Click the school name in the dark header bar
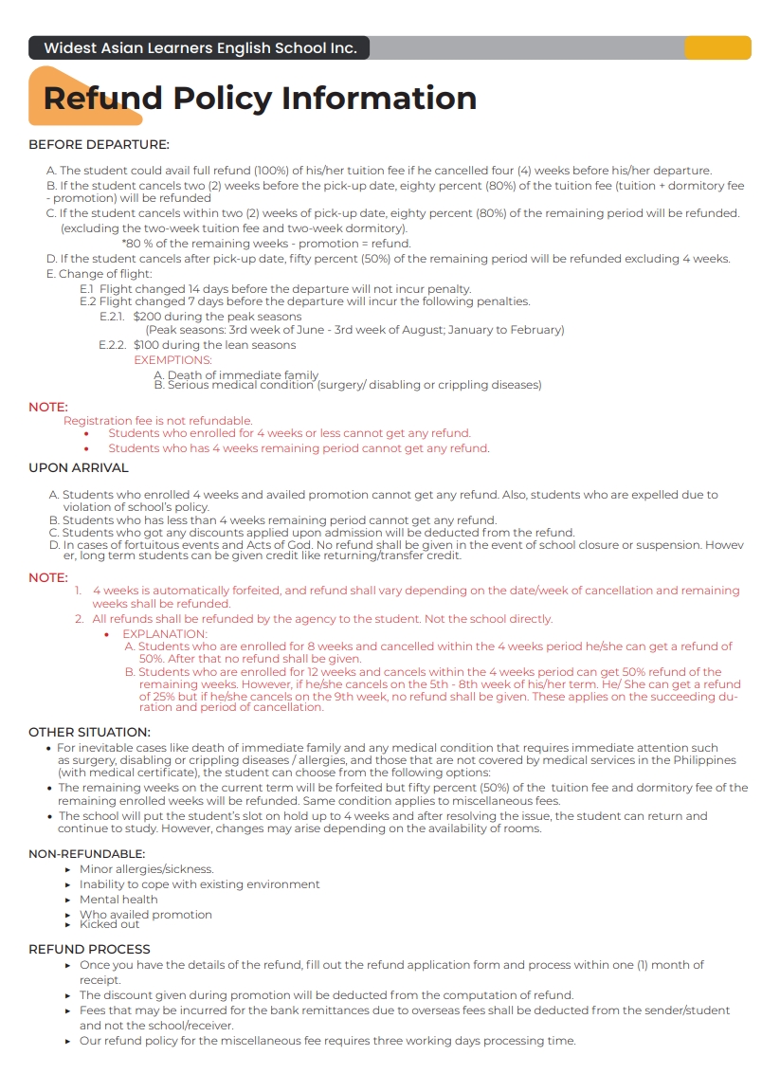200,47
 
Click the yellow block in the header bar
717,47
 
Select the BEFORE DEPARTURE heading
99,145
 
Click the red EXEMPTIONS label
172,360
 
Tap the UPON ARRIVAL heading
79,467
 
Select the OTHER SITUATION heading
89,732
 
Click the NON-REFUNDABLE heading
86,854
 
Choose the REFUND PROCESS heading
89,949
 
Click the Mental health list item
118,900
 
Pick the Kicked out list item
109,924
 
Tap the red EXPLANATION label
164,634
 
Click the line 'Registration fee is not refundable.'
157,420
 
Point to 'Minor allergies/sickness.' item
146,869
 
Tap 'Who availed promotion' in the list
145,915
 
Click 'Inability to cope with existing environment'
199,884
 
